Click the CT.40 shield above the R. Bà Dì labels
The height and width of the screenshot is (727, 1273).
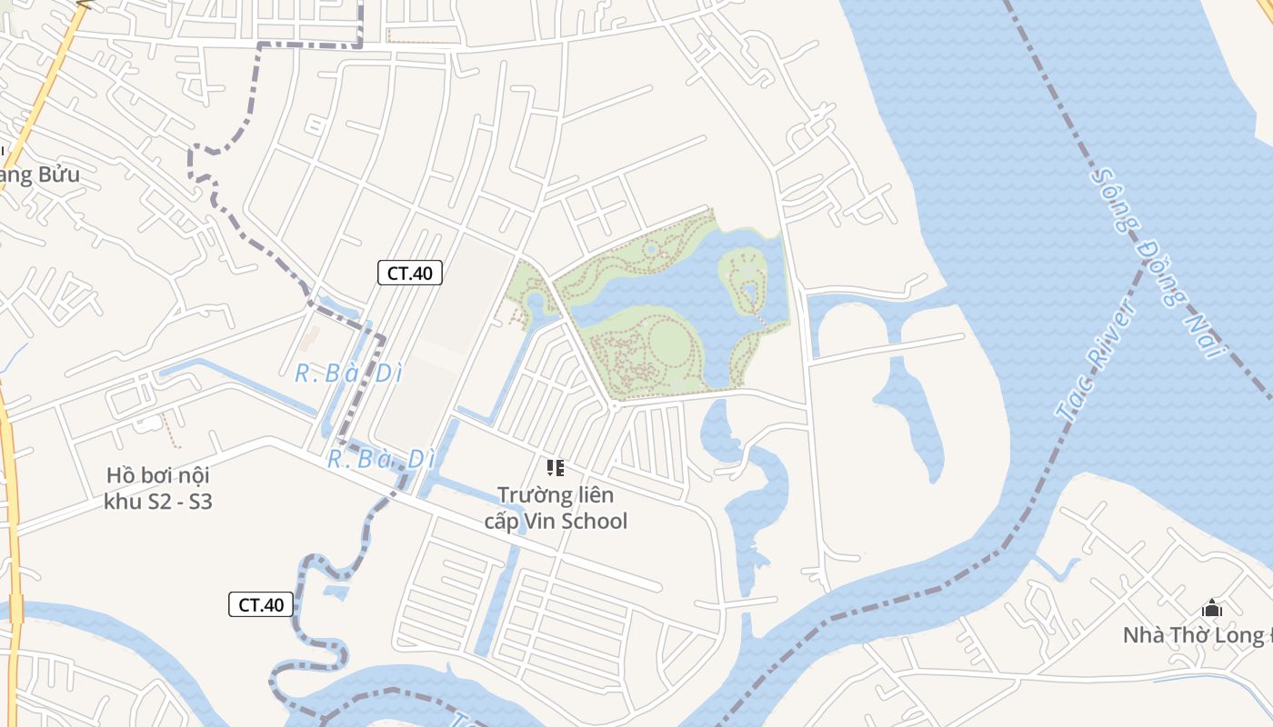pos(410,273)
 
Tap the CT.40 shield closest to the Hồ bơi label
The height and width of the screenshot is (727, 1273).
pos(261,604)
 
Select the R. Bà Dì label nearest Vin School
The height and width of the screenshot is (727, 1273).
pos(382,460)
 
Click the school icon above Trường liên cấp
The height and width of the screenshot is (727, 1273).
pos(556,468)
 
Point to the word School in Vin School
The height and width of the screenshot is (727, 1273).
pos(594,522)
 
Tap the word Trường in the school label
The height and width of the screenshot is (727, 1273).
pos(533,495)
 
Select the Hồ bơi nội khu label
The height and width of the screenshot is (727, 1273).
pos(158,488)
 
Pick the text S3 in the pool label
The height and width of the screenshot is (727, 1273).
pos(199,502)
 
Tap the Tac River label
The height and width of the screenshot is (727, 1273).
pos(1097,360)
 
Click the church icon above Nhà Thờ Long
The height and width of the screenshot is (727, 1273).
pos(1211,608)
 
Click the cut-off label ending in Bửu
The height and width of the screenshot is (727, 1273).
pos(40,174)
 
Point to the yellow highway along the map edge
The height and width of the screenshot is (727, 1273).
pos(11,509)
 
